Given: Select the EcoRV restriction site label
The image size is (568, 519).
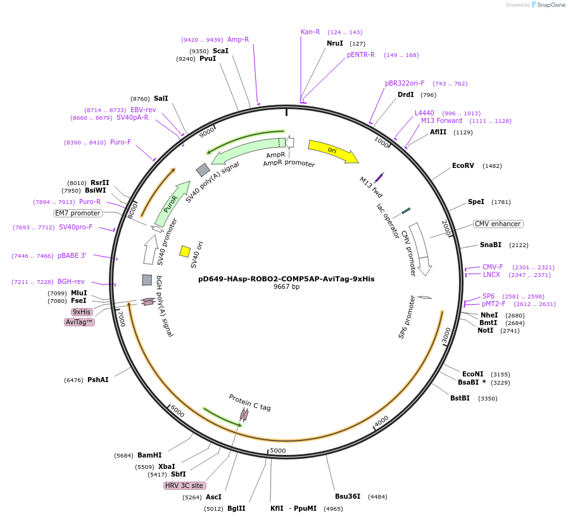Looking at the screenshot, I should (463, 166).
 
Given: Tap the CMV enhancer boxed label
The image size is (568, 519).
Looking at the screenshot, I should (498, 224).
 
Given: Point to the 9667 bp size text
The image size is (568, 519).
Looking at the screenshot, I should (286, 287).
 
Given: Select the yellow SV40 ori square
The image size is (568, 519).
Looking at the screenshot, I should (185, 252).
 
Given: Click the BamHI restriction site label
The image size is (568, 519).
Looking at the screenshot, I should (149, 455).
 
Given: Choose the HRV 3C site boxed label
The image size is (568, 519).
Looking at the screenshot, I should (184, 485).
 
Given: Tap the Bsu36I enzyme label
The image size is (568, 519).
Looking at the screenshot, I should (348, 496).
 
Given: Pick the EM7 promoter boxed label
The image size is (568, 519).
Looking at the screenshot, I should (77, 213).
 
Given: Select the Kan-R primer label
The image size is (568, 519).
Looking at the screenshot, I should (310, 32).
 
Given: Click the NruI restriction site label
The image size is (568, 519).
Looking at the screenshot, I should (335, 43).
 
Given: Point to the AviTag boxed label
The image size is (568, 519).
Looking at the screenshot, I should (79, 322).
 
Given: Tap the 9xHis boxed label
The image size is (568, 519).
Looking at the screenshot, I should (82, 312).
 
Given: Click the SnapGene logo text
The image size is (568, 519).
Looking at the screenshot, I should (545, 5).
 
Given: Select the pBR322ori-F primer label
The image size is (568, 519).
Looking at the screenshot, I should (405, 83).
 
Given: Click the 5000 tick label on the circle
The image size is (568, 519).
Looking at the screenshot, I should (278, 451).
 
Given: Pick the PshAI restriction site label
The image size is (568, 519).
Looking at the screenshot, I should (98, 380).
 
